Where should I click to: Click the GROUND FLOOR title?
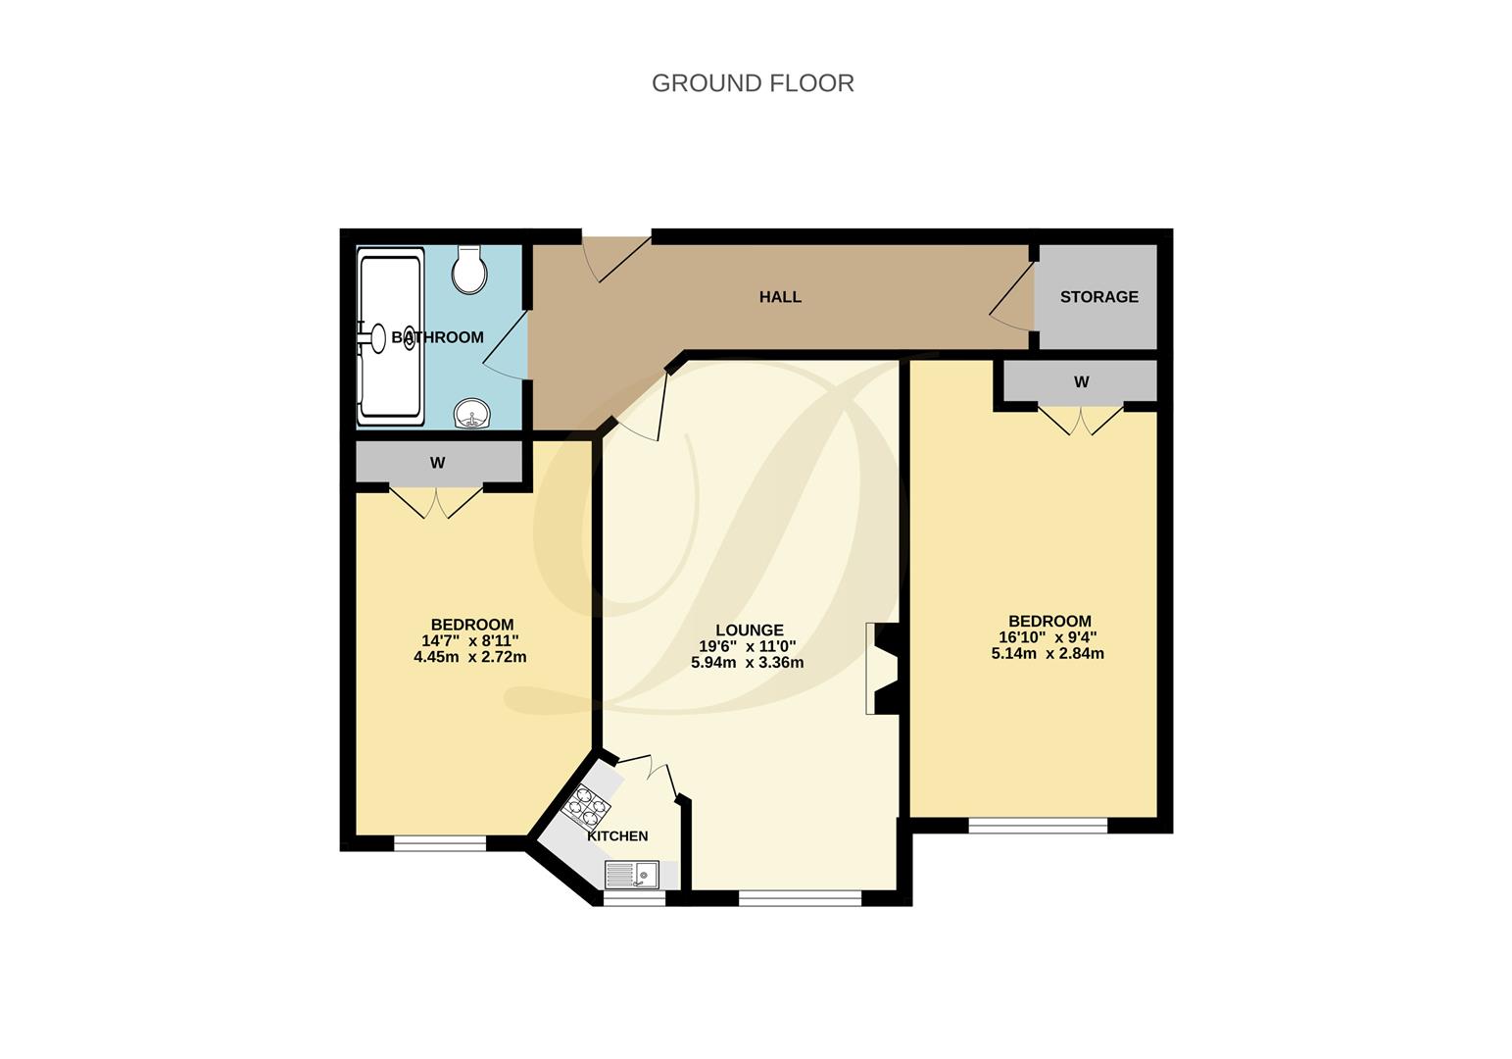pos(753,83)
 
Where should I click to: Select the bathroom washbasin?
pos(472,415)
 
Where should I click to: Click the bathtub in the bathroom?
pos(391,337)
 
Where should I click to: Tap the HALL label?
pos(780,296)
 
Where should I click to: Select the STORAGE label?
pos(1098,296)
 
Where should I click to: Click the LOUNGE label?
pos(749,630)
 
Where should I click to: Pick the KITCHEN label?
pos(617,835)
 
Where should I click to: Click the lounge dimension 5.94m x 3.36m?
pos(747,662)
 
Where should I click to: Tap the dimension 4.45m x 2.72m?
pos(470,657)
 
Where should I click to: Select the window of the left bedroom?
pos(440,842)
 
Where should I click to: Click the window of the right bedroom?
pos(1038,826)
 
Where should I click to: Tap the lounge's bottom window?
pos(800,897)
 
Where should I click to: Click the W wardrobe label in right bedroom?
pos(1081,382)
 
